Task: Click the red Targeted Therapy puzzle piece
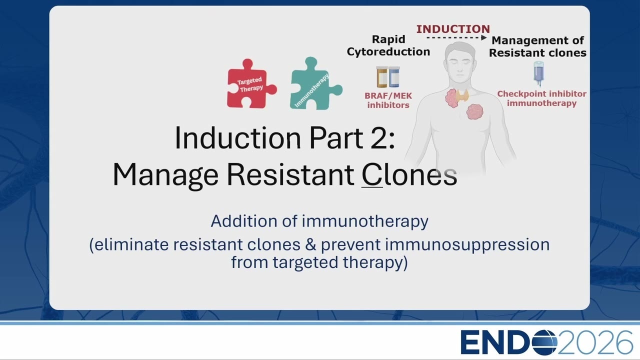point(250,85)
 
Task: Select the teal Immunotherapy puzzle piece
point(314,84)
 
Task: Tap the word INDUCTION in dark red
point(453,29)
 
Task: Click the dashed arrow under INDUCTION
point(456,37)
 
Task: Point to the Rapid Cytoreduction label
point(388,45)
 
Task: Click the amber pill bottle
point(381,77)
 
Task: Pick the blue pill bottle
point(394,77)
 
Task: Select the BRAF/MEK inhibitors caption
point(388,100)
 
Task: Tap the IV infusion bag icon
point(538,73)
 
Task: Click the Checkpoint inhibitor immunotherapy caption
point(541,98)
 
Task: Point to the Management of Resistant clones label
point(537,46)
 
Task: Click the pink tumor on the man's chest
point(475,111)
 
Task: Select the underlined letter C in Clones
point(372,174)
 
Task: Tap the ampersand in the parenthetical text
point(310,244)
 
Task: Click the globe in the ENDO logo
point(544,342)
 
